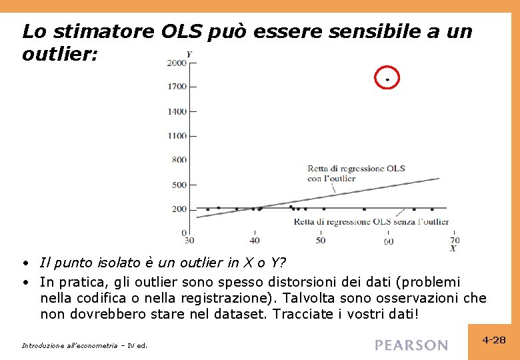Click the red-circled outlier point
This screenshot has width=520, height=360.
coord(387,79)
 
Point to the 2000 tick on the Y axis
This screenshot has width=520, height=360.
coord(177,63)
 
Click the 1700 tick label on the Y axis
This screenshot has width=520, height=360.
coord(177,86)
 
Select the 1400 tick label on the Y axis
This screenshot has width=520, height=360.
coord(177,111)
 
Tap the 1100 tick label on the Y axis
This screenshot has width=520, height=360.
coord(177,136)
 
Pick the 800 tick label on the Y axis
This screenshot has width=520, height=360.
coord(179,160)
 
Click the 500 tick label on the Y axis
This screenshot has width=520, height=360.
coord(179,185)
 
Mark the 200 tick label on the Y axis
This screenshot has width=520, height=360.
coord(179,209)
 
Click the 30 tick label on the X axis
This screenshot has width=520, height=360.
coord(189,240)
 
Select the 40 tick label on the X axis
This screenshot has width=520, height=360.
coord(255,240)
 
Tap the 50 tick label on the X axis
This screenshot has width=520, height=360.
coord(321,240)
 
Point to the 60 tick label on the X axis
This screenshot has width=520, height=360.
coord(388,241)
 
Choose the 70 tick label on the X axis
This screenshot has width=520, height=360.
coord(455,240)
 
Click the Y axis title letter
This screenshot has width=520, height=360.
coord(189,54)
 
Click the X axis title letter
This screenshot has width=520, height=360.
coord(453,249)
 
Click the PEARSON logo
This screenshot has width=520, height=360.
coord(411,345)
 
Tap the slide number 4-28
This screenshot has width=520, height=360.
coord(494,340)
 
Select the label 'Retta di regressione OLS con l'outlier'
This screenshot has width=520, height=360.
coord(355,173)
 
